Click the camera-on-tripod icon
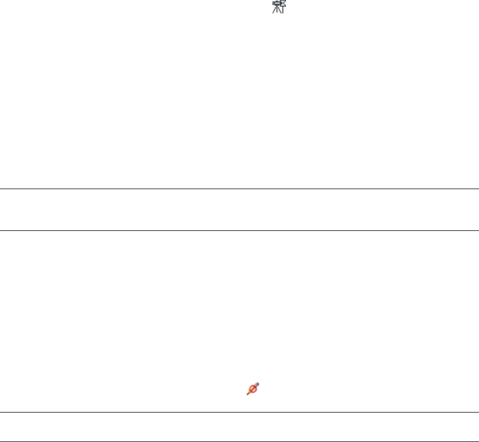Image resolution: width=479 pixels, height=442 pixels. coord(278,6)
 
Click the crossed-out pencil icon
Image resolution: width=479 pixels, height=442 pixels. coord(253,389)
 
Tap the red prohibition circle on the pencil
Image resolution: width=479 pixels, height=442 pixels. coord(252,390)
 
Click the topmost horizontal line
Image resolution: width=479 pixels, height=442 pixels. coord(239,189)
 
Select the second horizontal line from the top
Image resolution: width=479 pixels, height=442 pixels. coord(239,231)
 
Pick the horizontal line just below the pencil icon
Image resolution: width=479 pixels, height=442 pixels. coord(239,412)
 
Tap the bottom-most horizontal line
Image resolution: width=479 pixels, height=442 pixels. coord(239,441)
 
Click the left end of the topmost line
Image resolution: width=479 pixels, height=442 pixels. coord(2,189)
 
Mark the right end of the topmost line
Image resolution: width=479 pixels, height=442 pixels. coord(477,189)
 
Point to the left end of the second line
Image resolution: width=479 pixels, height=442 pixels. coord(2,231)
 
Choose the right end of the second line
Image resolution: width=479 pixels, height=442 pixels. coord(477,231)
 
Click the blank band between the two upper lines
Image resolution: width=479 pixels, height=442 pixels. coord(239,209)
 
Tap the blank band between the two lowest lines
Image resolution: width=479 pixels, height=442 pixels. coord(239,427)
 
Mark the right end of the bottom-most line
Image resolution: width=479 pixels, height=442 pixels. coord(477,441)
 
